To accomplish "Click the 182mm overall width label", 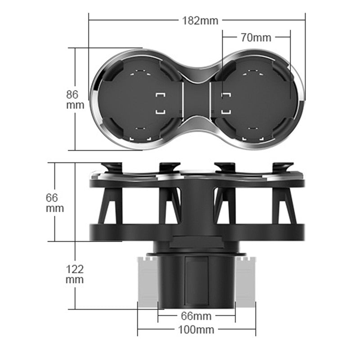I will (x=200, y=20).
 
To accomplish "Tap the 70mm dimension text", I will (x=256, y=37).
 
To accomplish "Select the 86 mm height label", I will (x=72, y=100).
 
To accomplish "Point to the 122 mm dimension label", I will (x=74, y=274).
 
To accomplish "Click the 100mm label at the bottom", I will (x=196, y=329).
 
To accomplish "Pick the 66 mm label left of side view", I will (x=54, y=202).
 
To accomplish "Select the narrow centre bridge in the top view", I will (x=197, y=100).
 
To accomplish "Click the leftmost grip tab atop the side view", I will (x=112, y=167).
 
